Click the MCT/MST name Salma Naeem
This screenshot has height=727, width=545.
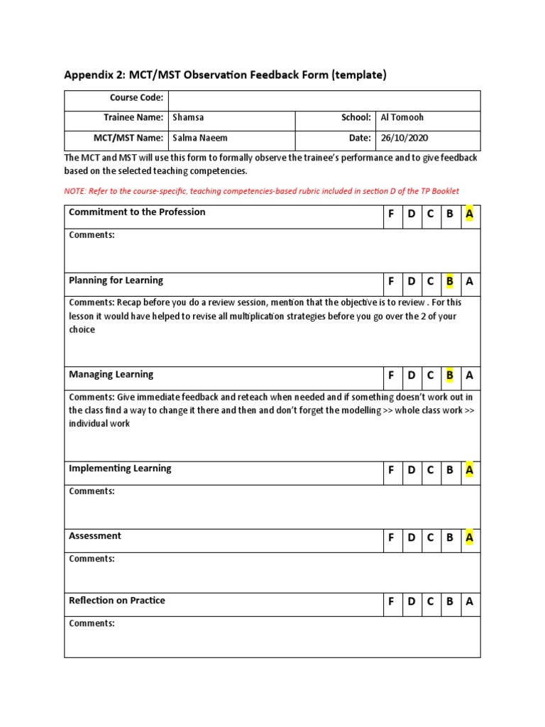(x=200, y=138)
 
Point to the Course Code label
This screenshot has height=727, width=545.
(x=136, y=98)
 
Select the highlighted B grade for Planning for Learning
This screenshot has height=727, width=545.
(x=449, y=282)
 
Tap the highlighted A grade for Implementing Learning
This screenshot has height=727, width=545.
(x=469, y=470)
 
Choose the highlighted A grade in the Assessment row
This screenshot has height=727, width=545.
(x=469, y=538)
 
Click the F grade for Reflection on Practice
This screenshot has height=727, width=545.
(x=391, y=602)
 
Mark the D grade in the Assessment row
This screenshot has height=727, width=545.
(x=411, y=538)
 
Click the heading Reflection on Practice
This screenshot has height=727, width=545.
(x=117, y=601)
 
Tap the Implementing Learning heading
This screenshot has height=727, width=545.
(x=120, y=469)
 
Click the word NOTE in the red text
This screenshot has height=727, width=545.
(x=75, y=192)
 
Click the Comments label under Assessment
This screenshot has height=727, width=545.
(x=92, y=559)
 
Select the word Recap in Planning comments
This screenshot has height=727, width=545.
(x=131, y=302)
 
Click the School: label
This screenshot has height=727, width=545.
(x=356, y=118)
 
